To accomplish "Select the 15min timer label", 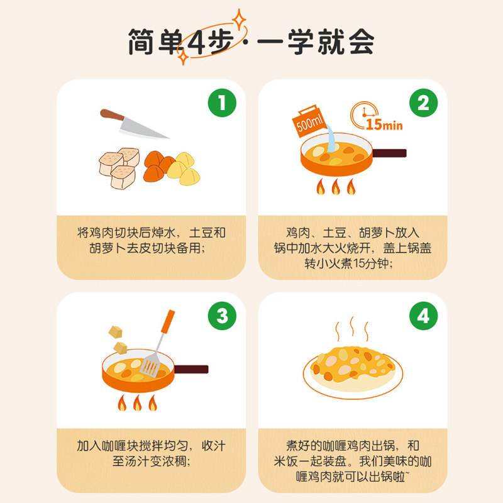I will coord(384,124).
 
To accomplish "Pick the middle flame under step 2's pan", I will coord(336,187).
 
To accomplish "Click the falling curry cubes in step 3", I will coord(118,338).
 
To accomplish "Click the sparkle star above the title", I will coord(239,17).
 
